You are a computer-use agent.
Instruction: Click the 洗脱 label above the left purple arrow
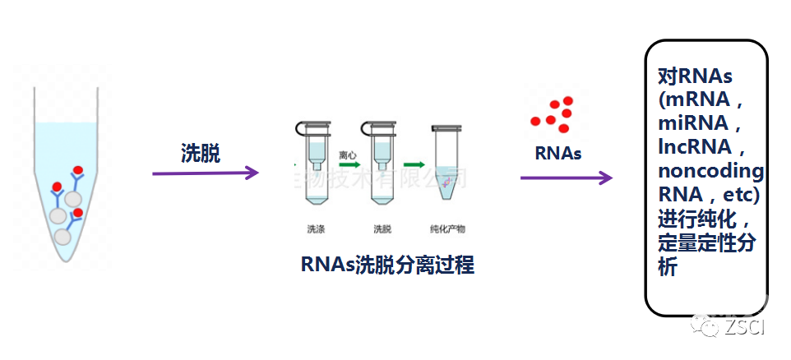(201, 153)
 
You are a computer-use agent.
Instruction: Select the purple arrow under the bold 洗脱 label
(206, 173)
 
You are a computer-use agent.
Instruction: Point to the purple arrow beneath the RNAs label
(567, 178)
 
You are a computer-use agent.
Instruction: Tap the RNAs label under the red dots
(557, 153)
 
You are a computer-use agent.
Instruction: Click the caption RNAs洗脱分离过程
(387, 265)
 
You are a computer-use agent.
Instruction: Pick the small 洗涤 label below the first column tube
(317, 228)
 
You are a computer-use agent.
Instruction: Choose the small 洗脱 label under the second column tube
(382, 228)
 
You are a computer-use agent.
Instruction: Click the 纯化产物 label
(447, 228)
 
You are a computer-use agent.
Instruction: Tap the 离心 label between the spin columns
(346, 154)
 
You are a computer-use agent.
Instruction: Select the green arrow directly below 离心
(346, 165)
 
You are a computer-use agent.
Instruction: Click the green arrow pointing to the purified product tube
(414, 165)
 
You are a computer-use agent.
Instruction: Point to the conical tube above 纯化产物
(446, 165)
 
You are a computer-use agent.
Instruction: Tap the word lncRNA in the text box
(696, 148)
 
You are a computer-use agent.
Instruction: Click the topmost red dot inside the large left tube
(78, 171)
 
